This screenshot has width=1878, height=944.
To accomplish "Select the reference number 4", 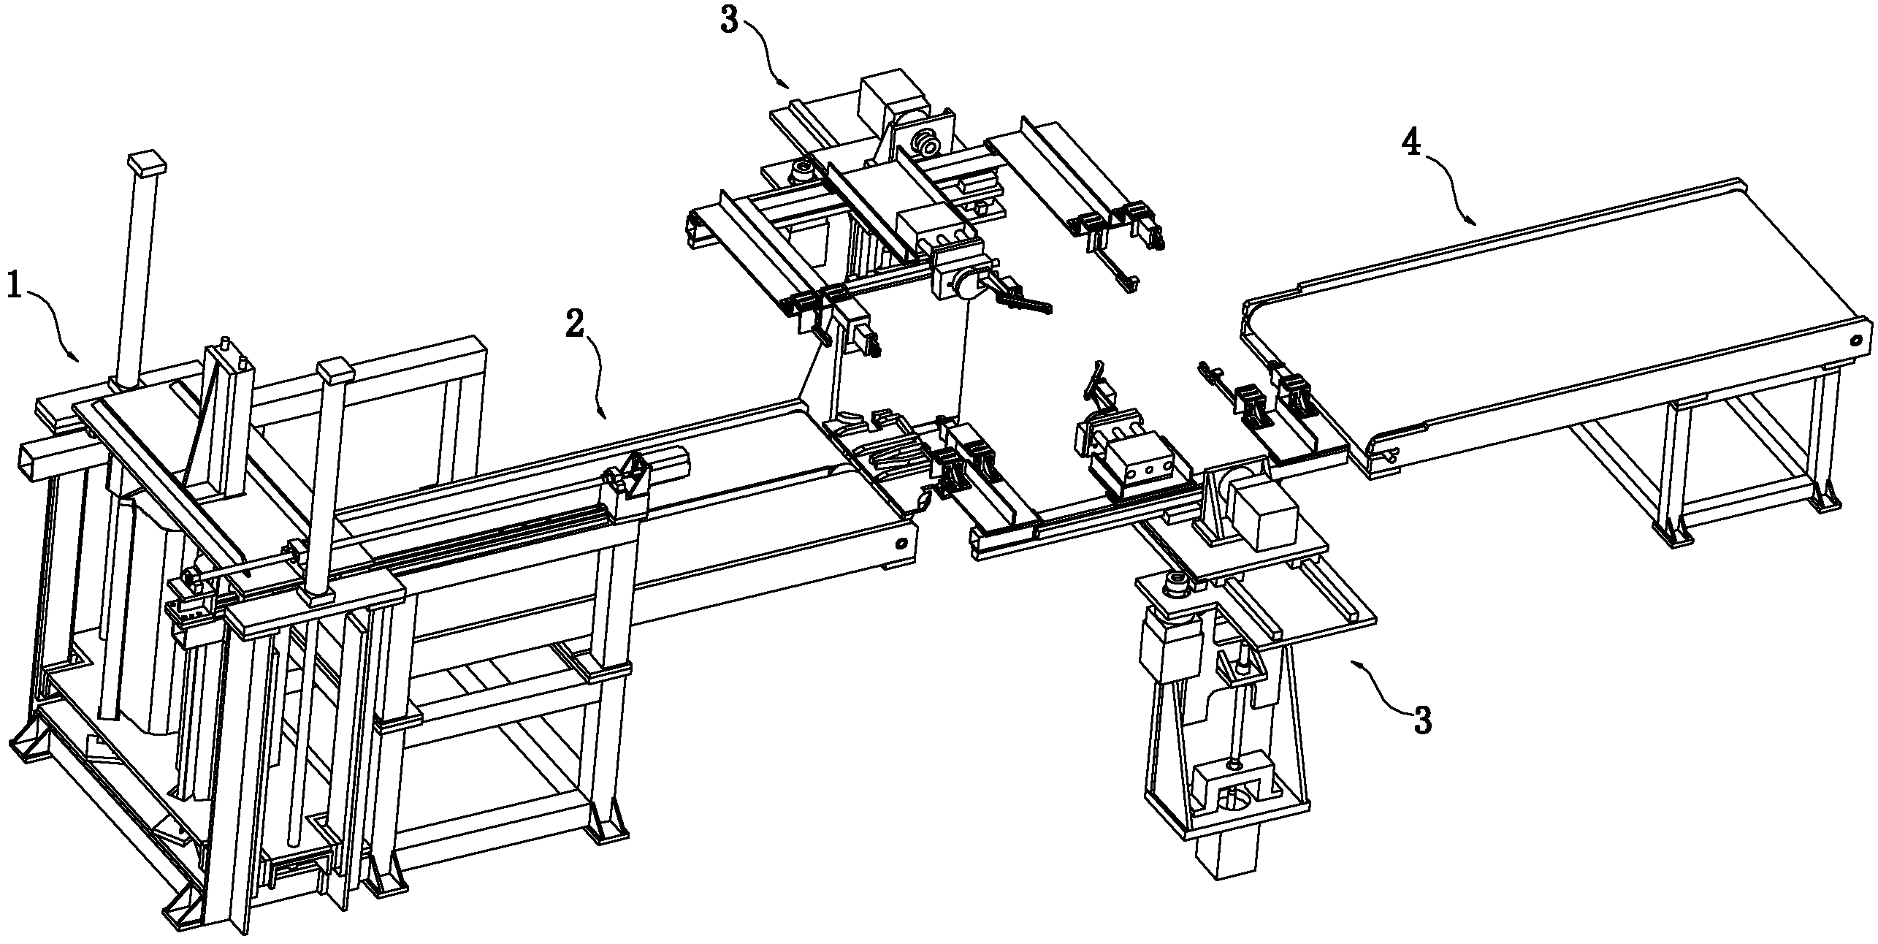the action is pos(1411,144).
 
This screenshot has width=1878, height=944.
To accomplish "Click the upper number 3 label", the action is pos(730,20).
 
